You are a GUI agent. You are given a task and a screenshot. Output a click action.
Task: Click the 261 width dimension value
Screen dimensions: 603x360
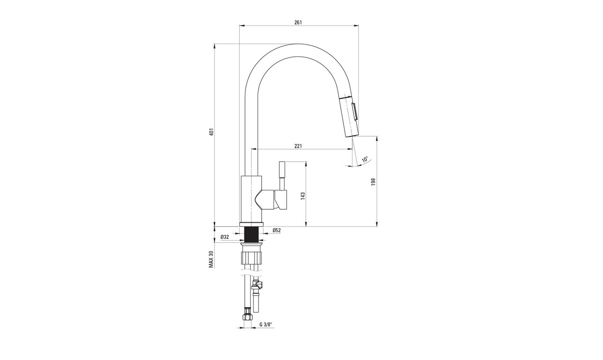[x=298, y=22]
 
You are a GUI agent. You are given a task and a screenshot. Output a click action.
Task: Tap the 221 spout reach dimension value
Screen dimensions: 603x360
[x=298, y=146]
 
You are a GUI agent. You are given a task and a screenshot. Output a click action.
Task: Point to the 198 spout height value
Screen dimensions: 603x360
[x=373, y=182]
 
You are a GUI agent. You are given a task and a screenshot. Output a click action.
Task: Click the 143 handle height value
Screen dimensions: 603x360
[x=303, y=196]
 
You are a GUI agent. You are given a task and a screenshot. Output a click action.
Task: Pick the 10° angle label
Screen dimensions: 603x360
[x=365, y=159]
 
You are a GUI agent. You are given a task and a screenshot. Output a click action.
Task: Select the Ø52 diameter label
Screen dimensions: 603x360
[x=277, y=230]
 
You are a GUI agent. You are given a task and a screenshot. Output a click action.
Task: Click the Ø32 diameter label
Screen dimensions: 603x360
[x=225, y=237]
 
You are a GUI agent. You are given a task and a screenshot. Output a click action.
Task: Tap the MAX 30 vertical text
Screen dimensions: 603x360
[x=211, y=259]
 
